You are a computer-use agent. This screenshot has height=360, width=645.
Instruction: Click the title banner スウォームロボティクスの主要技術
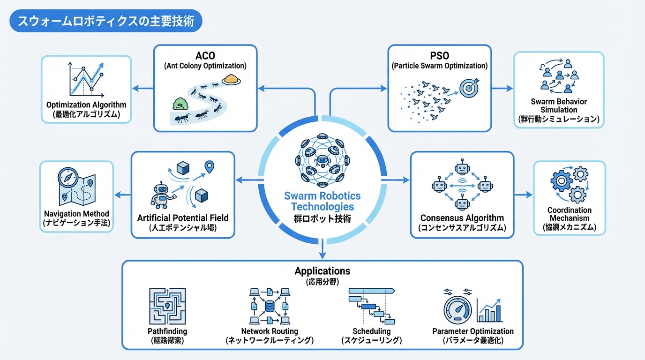tap(106, 22)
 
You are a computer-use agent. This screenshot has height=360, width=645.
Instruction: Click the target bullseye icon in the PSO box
tap(470, 88)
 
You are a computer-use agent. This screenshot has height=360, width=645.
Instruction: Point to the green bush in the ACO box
tap(180, 103)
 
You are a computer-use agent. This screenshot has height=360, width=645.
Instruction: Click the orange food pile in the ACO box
tap(231, 79)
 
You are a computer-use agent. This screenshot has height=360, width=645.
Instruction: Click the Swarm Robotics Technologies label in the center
tap(322, 201)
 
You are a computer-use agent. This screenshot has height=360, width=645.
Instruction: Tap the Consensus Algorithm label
tap(462, 218)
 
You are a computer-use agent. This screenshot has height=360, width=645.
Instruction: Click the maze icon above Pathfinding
tap(167, 306)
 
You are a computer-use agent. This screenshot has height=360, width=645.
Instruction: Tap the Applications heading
tap(322, 271)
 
